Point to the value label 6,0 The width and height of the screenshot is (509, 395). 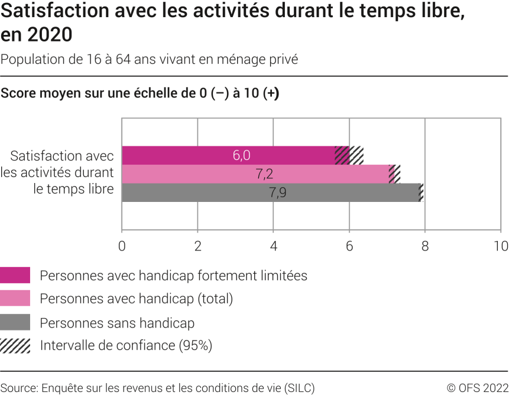coord(241,155)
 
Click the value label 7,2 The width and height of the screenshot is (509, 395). coord(264,174)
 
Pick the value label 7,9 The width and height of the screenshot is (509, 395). coord(277,192)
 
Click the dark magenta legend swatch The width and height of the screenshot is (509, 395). coord(15,275)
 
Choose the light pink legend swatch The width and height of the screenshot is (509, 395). coord(15,299)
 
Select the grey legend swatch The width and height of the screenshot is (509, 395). coord(15,323)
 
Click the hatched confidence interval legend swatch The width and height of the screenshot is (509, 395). coord(15,345)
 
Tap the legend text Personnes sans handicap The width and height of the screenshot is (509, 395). coord(117,323)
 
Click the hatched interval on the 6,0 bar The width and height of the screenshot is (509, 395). coord(349,155)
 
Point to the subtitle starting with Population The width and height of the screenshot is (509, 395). coord(149,59)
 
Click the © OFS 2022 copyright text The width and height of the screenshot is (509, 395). coord(477,388)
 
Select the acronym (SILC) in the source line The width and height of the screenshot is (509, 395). coord(299,388)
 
